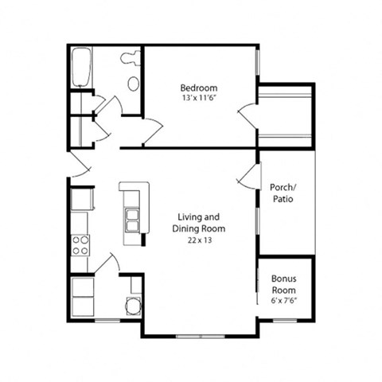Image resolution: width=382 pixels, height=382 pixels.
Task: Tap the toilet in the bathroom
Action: tap(131, 58)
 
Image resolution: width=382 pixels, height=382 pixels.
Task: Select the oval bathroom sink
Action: tap(133, 83)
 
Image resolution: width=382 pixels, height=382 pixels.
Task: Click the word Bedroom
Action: tap(198, 88)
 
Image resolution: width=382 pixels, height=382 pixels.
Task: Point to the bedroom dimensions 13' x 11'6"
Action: tap(198, 98)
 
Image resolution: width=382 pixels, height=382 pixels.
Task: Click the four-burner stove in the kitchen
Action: tap(80, 244)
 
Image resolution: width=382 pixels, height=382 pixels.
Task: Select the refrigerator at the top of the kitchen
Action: tap(81, 199)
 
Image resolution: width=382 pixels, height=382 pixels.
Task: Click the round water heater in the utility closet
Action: tap(133, 306)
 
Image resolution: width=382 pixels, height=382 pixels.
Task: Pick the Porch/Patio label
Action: tap(283, 193)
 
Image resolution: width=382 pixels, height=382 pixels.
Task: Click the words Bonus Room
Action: tap(283, 284)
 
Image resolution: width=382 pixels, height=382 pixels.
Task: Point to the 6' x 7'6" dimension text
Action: tap(283, 302)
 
